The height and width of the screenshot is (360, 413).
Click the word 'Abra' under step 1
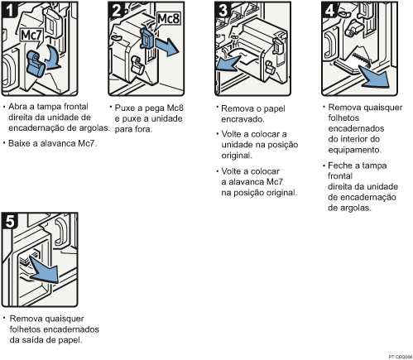(x=20, y=107)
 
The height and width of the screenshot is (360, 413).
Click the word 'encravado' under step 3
(x=244, y=118)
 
